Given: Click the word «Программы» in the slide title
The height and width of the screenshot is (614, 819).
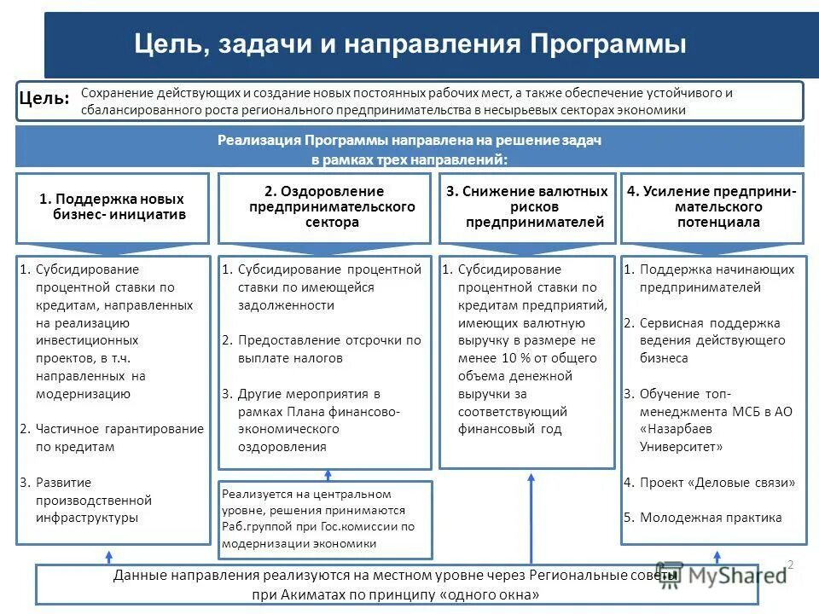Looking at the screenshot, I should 608,43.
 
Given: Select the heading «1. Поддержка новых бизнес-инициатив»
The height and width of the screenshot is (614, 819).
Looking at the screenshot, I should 113,207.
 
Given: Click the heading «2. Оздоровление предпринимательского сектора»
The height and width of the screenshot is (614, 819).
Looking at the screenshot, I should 325,206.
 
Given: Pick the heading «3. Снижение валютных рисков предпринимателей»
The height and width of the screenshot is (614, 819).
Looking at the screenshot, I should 527,206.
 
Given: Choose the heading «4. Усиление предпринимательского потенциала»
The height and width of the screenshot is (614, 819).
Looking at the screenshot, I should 712,206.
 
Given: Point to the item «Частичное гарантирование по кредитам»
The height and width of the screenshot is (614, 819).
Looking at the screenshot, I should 119,437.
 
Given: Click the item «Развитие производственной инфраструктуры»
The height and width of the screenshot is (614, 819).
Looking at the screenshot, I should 93,500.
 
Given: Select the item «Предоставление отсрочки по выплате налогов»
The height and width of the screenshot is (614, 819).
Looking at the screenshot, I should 328,349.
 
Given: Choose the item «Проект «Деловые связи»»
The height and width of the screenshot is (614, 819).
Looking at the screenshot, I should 717,482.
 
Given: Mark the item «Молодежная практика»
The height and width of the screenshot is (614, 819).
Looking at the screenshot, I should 710,517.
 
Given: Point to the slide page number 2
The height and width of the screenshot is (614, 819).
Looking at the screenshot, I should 791,564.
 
